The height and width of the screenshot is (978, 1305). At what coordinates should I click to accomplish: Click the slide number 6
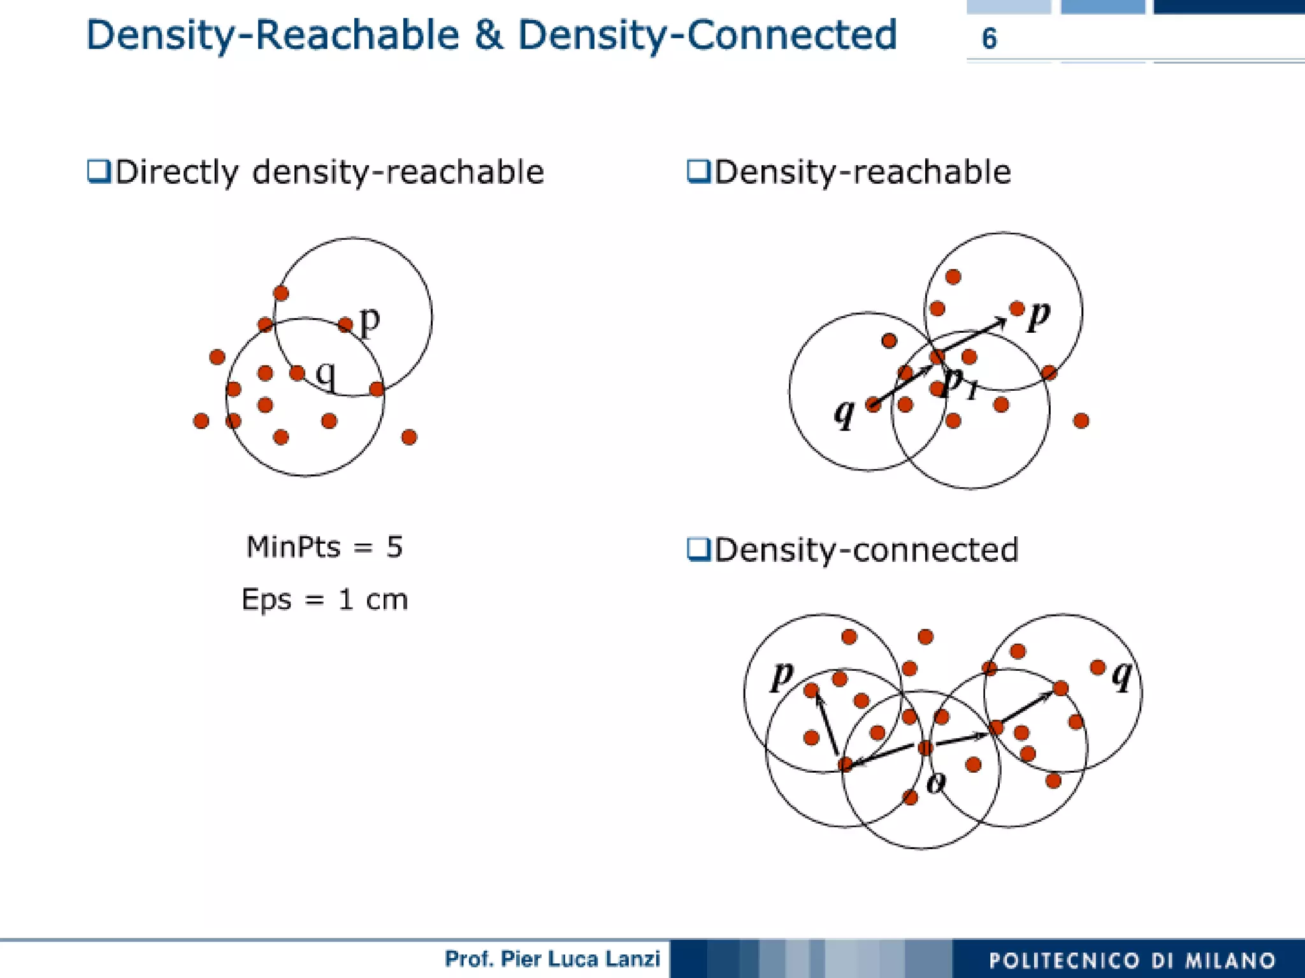(x=988, y=39)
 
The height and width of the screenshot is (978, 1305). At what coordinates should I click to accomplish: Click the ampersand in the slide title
(x=488, y=35)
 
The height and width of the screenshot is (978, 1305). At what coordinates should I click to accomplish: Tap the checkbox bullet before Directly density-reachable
(x=99, y=171)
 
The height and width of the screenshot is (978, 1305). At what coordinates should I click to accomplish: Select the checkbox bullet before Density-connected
(x=698, y=549)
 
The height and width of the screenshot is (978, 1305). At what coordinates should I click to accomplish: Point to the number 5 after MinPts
(x=394, y=547)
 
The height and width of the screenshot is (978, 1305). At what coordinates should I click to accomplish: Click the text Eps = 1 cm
(x=324, y=599)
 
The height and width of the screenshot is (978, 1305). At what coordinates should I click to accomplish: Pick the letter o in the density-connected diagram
(x=935, y=782)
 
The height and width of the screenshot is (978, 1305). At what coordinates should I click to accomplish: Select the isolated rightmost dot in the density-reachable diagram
(x=1081, y=421)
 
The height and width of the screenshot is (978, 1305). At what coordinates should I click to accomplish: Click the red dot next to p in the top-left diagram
(x=345, y=325)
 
